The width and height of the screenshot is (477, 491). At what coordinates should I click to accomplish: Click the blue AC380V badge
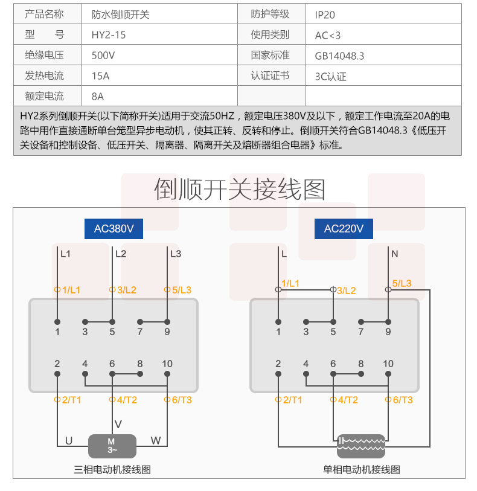click(x=114, y=229)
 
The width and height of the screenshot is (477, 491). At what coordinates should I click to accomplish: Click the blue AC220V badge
click(x=344, y=229)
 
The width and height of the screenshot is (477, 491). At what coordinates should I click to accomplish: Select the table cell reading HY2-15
click(x=109, y=35)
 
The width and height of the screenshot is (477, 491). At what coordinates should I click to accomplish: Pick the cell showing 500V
click(x=103, y=56)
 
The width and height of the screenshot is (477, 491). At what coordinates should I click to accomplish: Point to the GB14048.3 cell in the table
click(x=339, y=56)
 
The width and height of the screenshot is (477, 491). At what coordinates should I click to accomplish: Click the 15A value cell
click(x=100, y=76)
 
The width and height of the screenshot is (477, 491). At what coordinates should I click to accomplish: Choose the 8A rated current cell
click(x=98, y=96)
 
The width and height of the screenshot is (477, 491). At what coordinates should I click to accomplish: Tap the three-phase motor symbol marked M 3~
click(x=112, y=446)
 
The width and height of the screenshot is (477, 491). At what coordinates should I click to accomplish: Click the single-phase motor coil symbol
click(x=361, y=446)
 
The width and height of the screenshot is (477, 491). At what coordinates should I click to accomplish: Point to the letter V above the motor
click(x=118, y=424)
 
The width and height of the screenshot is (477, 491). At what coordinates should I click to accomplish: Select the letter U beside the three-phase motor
click(x=69, y=441)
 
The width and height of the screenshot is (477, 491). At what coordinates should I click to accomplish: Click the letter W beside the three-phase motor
click(x=156, y=441)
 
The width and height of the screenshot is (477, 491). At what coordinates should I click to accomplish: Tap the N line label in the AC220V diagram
click(x=395, y=254)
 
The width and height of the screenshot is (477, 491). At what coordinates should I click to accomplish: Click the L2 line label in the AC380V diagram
click(x=121, y=254)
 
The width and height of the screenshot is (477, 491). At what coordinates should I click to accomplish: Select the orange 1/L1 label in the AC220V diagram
click(x=290, y=283)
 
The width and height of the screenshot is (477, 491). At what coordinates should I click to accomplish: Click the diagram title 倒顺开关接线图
click(x=240, y=189)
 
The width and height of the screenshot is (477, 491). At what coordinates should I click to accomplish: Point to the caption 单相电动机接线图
click(x=362, y=469)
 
